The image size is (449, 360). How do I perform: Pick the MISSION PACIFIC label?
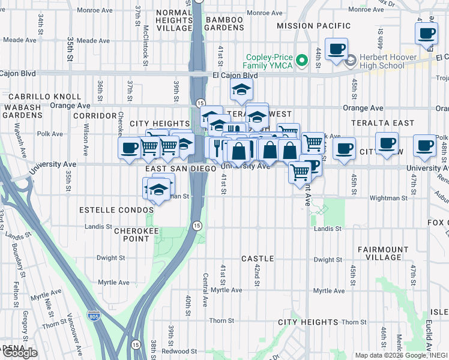point(314,26)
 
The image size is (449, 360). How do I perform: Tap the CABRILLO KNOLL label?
point(53,96)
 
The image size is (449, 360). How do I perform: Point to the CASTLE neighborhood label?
point(258,259)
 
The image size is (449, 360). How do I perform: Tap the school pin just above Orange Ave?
point(241,90)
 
